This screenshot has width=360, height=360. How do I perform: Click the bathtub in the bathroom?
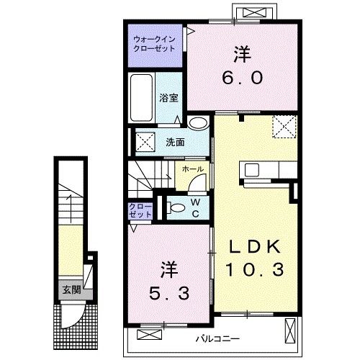pyautogui.click(x=142, y=99)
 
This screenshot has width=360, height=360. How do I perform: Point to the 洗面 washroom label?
pyautogui.click(x=175, y=142)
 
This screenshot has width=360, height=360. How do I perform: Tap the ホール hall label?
pyautogui.click(x=192, y=169)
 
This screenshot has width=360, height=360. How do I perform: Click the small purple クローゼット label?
pyautogui.click(x=140, y=210)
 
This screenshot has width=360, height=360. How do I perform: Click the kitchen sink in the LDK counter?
pyautogui.click(x=253, y=171)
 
